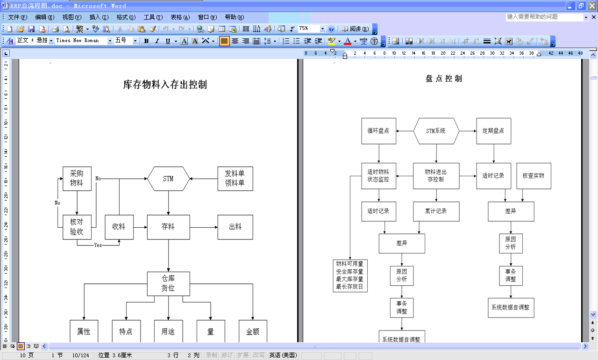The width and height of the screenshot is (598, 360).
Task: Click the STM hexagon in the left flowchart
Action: click(168, 179)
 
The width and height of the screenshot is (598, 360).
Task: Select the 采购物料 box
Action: click(77, 179)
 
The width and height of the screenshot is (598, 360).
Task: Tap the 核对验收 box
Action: click(77, 227)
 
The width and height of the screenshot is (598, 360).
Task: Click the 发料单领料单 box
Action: click(235, 179)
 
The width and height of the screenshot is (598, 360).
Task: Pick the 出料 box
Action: click(235, 227)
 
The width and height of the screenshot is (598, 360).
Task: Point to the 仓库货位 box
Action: click(168, 284)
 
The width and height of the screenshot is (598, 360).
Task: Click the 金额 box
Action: click(253, 331)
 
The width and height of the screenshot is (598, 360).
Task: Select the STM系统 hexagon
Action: click(436, 131)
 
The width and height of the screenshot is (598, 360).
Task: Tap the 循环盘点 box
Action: click(378, 131)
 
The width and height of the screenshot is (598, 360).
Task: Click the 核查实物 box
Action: click(534, 176)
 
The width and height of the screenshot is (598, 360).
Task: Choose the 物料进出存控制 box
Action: click(436, 176)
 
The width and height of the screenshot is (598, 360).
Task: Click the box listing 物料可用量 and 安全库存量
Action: click(350, 275)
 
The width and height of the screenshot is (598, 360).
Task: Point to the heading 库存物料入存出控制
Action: click(165, 85)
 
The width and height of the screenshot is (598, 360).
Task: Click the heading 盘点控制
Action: click(444, 79)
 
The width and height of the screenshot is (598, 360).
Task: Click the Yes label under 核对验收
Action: click(98, 245)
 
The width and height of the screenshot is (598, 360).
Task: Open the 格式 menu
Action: click(126, 17)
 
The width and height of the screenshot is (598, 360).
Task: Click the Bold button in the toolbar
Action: click(146, 41)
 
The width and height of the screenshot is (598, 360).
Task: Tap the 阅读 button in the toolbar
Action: click(356, 29)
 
